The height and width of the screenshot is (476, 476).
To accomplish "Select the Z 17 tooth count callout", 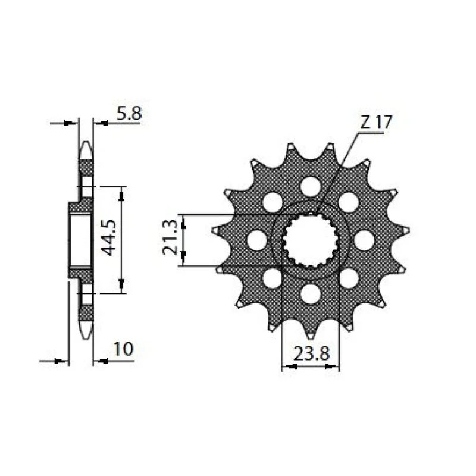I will [x=375, y=123].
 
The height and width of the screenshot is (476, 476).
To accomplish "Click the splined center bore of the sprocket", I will [x=310, y=240].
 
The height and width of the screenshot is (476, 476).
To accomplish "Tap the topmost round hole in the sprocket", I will [x=310, y=186].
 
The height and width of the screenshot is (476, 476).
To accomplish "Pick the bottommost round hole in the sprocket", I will [x=310, y=293].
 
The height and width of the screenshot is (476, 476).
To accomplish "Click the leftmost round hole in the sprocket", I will [x=256, y=240].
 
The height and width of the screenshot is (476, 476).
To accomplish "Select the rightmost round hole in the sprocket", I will [x=364, y=240].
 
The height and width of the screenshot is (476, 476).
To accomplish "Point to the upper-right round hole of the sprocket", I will [x=348, y=202].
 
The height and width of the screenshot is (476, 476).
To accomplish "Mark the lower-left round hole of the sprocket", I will [x=272, y=278].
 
